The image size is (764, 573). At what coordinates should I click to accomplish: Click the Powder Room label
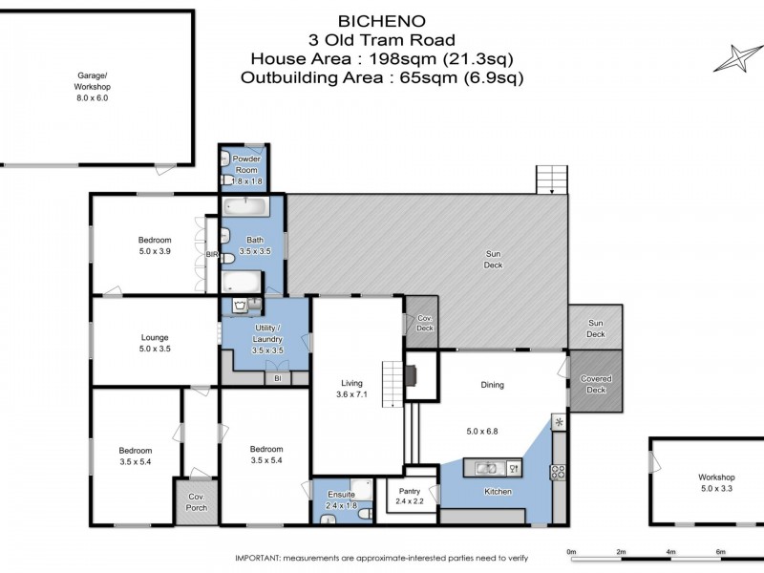pyautogui.click(x=245, y=164)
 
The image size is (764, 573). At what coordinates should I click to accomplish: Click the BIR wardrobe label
pyautogui.click(x=212, y=256)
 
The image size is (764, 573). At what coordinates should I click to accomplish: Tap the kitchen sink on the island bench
pyautogui.click(x=486, y=468)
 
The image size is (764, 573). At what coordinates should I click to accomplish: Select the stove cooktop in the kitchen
pyautogui.click(x=558, y=469)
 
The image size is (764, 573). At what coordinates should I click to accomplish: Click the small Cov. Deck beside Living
pyautogui.click(x=421, y=323)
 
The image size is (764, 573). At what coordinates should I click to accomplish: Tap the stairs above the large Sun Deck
pyautogui.click(x=552, y=178)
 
